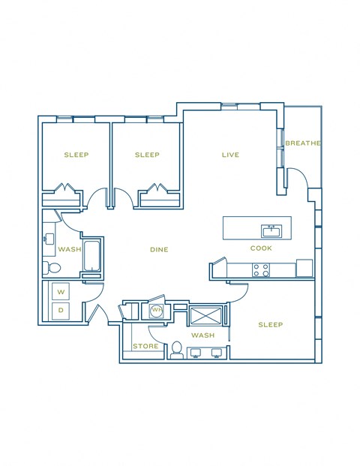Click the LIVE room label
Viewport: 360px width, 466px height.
(230, 155)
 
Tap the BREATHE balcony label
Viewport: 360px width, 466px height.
(303, 143)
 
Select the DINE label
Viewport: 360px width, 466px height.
(159, 250)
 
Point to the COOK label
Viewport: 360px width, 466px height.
(261, 248)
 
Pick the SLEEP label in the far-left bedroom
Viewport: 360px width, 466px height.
(76, 155)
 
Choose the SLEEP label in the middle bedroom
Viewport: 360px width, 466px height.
(147, 155)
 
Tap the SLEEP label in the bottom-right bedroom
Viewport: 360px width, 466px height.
(271, 325)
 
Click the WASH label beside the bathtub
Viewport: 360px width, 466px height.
(70, 250)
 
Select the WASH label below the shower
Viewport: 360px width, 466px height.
(202, 335)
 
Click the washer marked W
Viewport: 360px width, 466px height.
(61, 291)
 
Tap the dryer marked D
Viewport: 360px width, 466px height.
(61, 309)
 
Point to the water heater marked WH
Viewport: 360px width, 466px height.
(157, 309)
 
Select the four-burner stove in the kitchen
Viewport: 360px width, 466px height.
(261, 269)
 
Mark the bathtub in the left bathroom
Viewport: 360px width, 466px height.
(94, 256)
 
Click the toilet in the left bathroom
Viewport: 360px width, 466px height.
(53, 268)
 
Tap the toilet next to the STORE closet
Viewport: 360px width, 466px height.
(177, 349)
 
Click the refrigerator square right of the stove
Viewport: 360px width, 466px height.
(304, 268)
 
